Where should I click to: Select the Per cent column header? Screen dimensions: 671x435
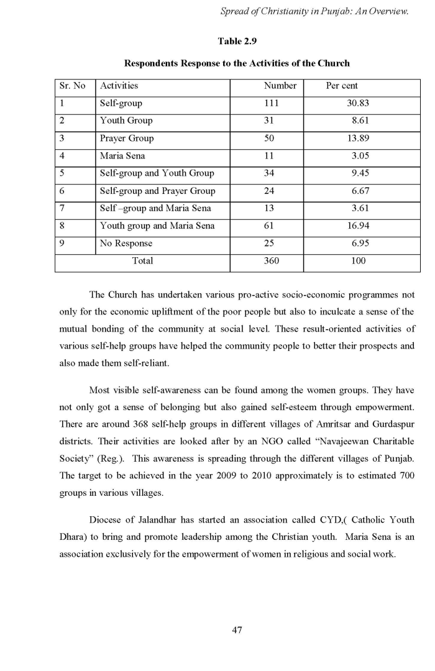point(342,86)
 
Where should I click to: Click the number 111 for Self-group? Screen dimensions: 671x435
point(272,103)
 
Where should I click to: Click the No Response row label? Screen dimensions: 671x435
point(126,243)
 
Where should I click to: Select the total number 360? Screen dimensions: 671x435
point(272,261)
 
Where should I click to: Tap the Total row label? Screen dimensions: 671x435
point(142,261)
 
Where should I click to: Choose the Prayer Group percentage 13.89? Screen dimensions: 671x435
point(359,138)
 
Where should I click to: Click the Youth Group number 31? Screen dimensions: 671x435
point(269,121)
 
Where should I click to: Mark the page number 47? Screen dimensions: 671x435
point(237,630)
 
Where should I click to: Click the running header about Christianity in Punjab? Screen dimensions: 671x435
point(314,11)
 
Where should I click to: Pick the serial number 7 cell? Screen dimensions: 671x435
point(62,208)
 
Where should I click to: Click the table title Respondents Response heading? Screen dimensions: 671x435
point(237,63)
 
